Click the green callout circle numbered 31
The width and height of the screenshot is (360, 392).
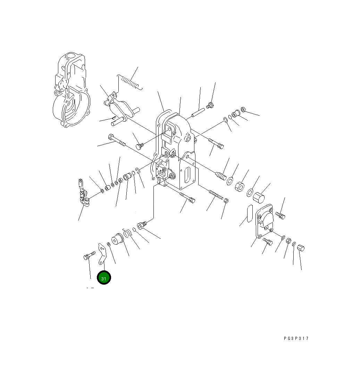(104, 278)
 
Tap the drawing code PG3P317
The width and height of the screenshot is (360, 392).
(296, 338)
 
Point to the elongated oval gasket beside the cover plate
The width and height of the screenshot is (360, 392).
(250, 213)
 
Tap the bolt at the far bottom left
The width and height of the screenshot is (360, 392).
(89, 255)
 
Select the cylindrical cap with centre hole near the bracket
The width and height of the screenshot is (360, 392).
(117, 239)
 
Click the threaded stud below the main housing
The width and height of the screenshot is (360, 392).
(216, 195)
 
